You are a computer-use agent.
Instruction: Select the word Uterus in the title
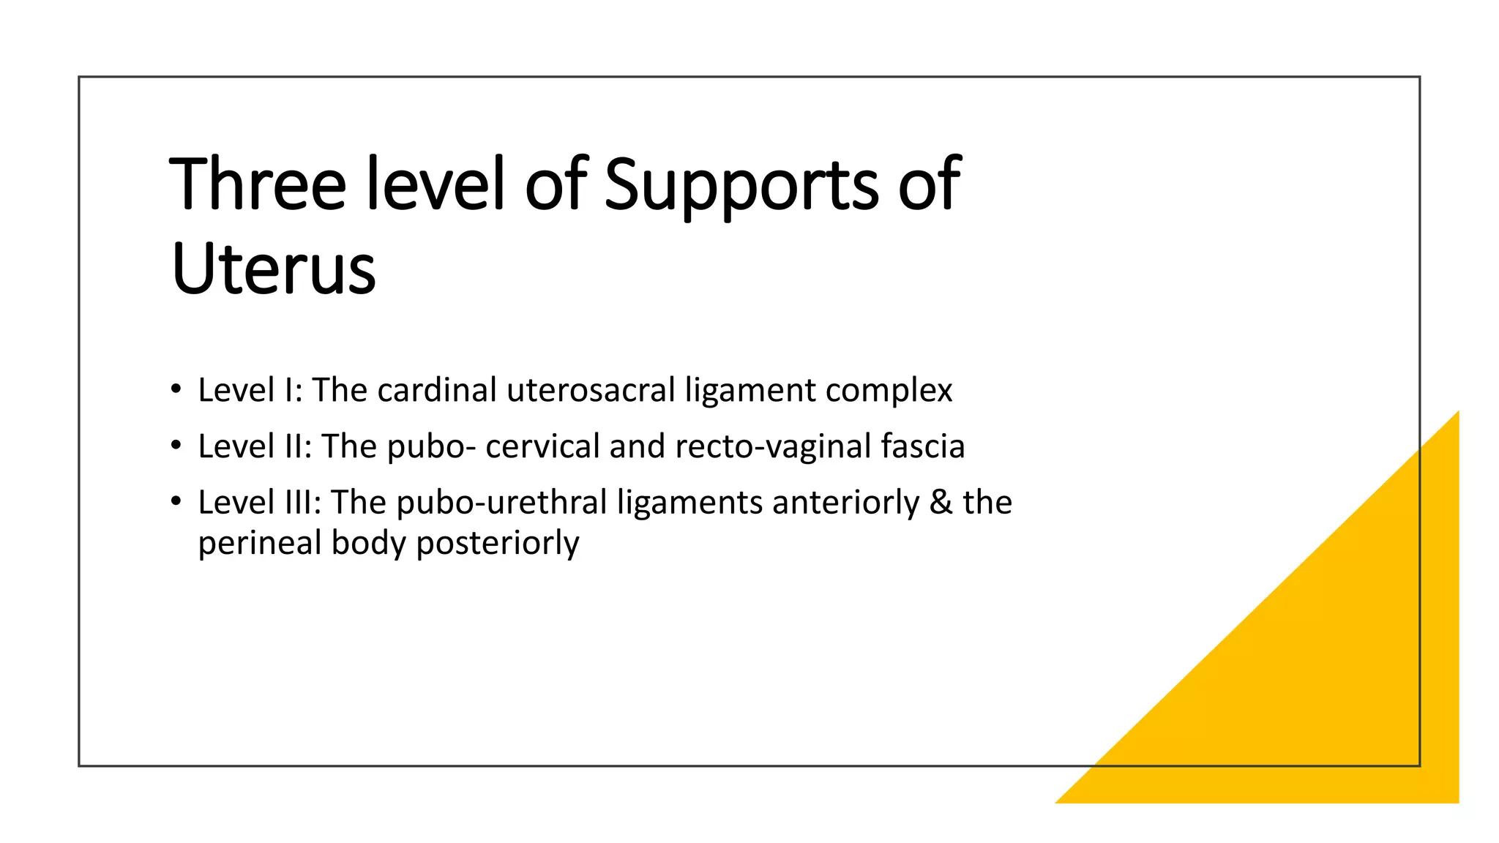[273, 269]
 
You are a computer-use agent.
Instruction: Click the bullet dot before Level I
[176, 389]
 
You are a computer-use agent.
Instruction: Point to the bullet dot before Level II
[176, 445]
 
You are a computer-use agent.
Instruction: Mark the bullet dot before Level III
[176, 501]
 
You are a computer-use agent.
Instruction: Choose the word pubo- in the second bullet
[432, 446]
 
